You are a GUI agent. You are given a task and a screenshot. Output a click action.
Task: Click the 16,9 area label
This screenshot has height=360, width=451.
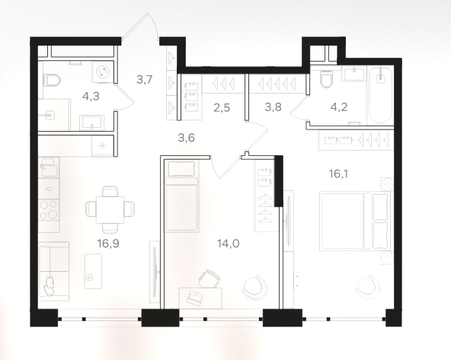pyautogui.click(x=108, y=244)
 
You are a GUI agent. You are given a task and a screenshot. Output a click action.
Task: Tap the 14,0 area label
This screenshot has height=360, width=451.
pyautogui.click(x=229, y=244)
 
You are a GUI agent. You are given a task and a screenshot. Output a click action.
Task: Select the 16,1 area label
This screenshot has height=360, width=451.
pyautogui.click(x=339, y=174)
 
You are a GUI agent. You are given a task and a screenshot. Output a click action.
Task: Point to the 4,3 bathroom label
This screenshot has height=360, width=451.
pyautogui.click(x=91, y=97)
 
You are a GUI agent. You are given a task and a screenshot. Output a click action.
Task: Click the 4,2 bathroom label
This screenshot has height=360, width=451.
pyautogui.click(x=339, y=107)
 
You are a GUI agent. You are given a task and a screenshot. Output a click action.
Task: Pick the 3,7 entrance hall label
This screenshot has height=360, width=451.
pyautogui.click(x=145, y=79)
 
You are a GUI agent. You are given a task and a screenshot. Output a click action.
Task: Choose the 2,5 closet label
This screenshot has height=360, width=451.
pyautogui.click(x=222, y=108)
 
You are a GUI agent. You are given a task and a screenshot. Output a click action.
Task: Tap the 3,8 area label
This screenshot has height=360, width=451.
pyautogui.click(x=273, y=107)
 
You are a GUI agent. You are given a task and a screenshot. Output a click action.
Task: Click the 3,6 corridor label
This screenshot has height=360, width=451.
pyautogui.click(x=187, y=138)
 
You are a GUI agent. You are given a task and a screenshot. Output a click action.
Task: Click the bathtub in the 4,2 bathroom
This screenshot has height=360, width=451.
pyautogui.click(x=380, y=95)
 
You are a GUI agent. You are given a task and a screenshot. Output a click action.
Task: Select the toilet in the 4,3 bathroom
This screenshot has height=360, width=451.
pyautogui.click(x=52, y=80)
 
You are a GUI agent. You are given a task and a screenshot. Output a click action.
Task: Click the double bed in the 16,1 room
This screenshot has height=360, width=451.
pyautogui.click(x=356, y=221)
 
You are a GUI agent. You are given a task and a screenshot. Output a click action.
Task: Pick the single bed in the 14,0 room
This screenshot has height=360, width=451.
pyautogui.click(x=182, y=196)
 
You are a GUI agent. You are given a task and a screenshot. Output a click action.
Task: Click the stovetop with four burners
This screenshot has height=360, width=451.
pyautogui.click(x=49, y=210)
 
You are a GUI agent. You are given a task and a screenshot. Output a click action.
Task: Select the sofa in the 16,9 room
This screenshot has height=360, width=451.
pyautogui.click(x=54, y=271)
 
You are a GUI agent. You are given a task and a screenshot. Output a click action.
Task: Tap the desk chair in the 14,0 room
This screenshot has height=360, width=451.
pyautogui.click(x=209, y=279)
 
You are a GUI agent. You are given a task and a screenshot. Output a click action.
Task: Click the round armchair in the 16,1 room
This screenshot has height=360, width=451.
pyautogui.click(x=369, y=288)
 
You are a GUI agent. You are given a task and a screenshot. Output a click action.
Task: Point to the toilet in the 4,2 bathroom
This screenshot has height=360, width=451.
pyautogui.click(x=326, y=79)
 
